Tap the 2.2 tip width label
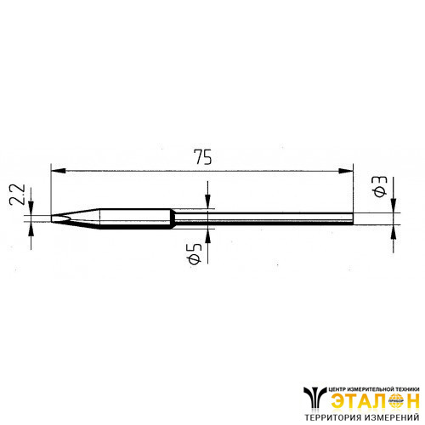point(17,195)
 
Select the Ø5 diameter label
point(195,253)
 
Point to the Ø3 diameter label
point(379,186)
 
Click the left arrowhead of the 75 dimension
point(58,171)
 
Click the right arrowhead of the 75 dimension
point(346,171)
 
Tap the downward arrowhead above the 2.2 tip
point(31,208)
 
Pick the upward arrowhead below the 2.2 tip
point(31,229)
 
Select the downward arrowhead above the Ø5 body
point(207,201)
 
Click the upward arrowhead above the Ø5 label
point(207,235)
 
